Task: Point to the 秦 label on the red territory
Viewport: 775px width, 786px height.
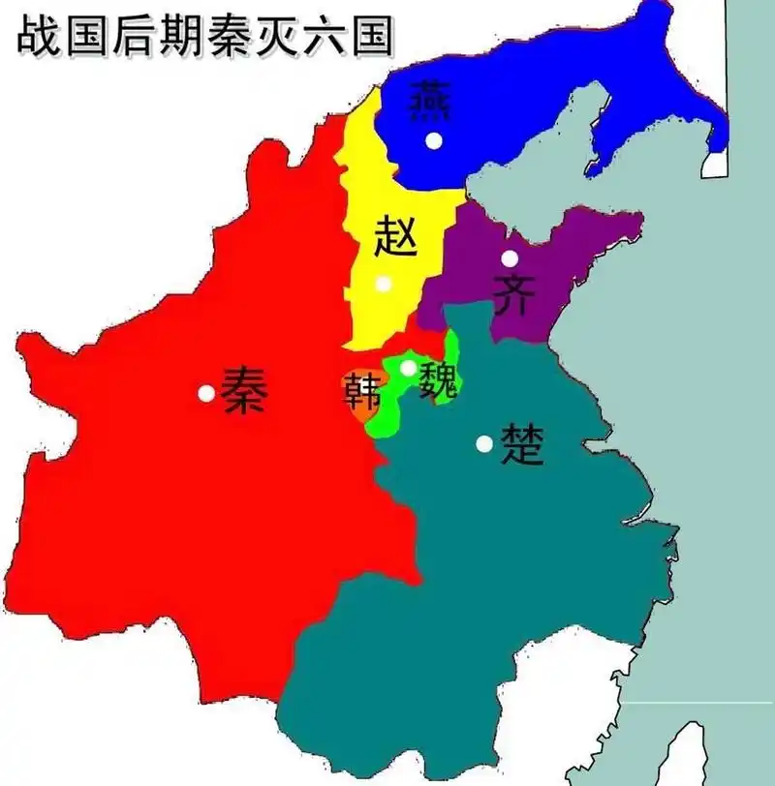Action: [x=242, y=391]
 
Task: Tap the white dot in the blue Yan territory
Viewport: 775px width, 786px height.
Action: [x=434, y=140]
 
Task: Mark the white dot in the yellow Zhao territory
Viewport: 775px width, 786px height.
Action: [x=384, y=284]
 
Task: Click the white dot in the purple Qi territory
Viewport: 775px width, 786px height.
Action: [x=510, y=258]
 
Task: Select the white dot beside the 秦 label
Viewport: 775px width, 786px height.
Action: [x=205, y=393]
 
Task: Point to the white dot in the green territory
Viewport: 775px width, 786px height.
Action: [x=408, y=368]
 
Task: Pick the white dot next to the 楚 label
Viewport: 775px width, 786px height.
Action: [x=483, y=443]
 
